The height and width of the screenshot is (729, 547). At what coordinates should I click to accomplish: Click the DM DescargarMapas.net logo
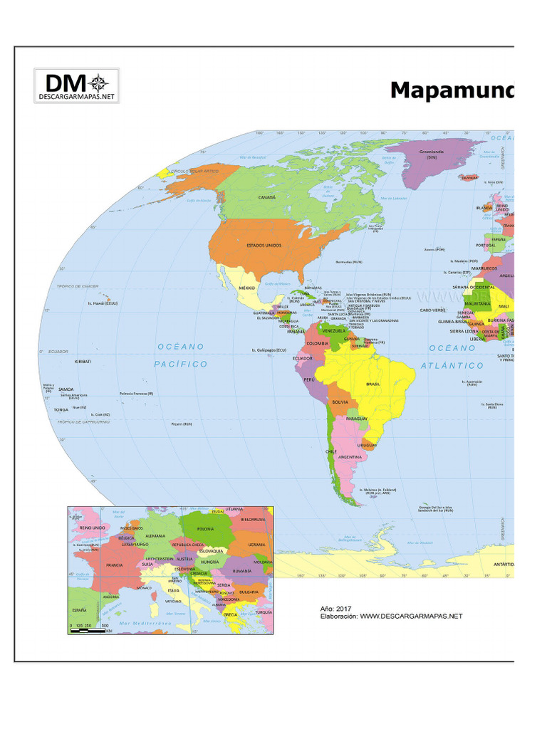pyautogui.click(x=76, y=86)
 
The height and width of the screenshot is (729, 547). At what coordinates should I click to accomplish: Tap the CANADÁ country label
pyautogui.click(x=267, y=196)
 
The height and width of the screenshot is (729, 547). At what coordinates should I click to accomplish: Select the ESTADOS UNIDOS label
pyautogui.click(x=264, y=245)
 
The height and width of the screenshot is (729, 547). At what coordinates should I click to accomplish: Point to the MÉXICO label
pyautogui.click(x=246, y=288)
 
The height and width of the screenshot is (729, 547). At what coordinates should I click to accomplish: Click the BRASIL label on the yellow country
pyautogui.click(x=373, y=384)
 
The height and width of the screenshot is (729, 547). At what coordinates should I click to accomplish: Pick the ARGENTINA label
pyautogui.click(x=350, y=456)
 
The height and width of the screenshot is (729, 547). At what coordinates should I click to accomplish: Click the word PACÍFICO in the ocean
pyautogui.click(x=181, y=364)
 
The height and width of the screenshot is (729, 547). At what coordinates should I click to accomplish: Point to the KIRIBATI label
pyautogui.click(x=83, y=362)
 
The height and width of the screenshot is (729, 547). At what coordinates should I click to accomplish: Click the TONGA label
pyautogui.click(x=61, y=410)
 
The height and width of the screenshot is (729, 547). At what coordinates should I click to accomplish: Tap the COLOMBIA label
pyautogui.click(x=318, y=343)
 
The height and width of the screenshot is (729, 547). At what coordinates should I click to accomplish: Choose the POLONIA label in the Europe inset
pyautogui.click(x=206, y=530)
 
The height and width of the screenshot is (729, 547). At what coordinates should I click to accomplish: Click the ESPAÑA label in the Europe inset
pyautogui.click(x=78, y=610)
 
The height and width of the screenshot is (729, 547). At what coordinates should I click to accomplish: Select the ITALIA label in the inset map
pyautogui.click(x=174, y=590)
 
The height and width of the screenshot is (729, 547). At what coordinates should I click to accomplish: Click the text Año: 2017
pyautogui.click(x=336, y=609)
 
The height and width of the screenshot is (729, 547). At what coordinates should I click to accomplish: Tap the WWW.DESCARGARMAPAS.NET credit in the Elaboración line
pyautogui.click(x=411, y=617)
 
